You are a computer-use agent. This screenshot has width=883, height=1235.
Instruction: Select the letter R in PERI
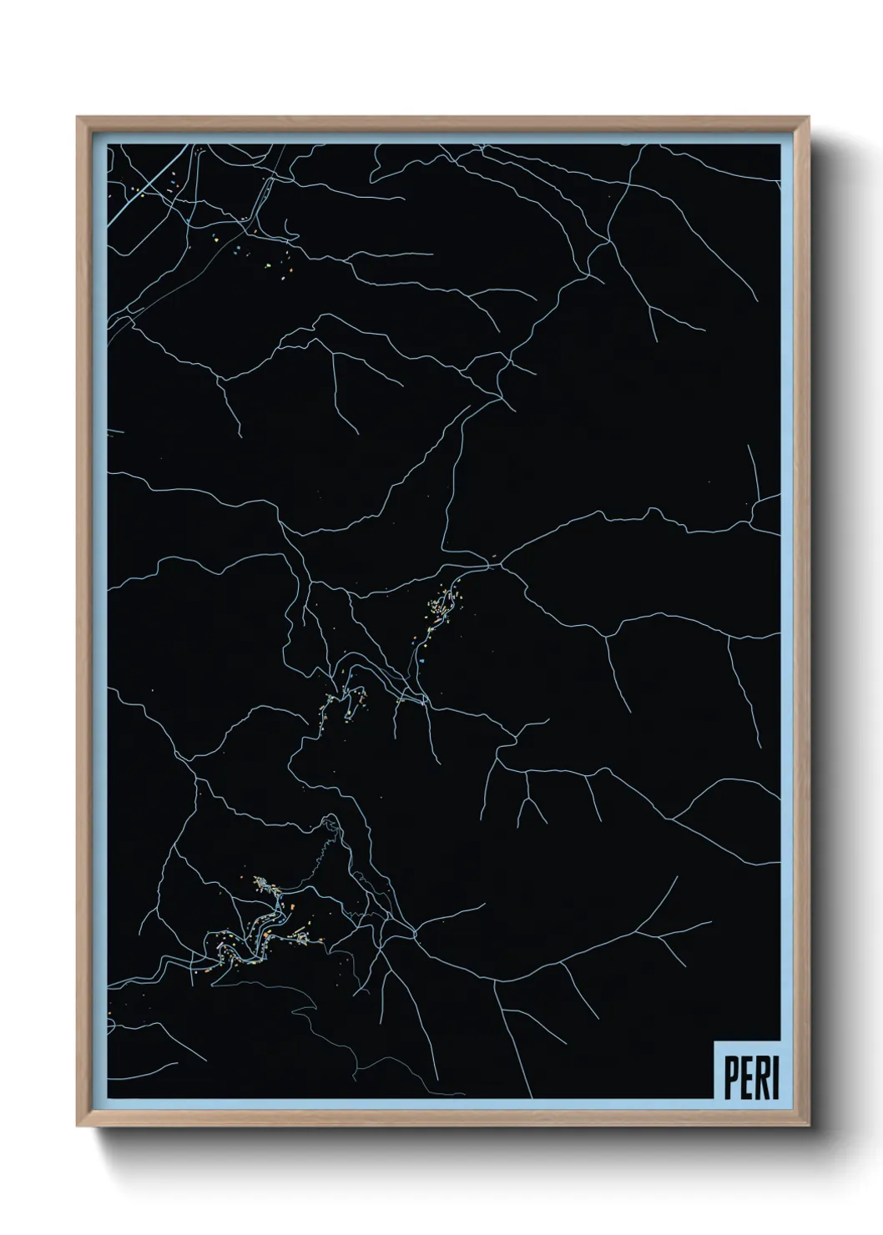760,1079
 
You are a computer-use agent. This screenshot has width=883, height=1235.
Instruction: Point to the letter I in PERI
774,1079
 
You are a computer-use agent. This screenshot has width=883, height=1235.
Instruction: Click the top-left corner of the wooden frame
79,119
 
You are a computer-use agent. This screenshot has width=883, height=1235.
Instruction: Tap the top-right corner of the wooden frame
808,119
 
